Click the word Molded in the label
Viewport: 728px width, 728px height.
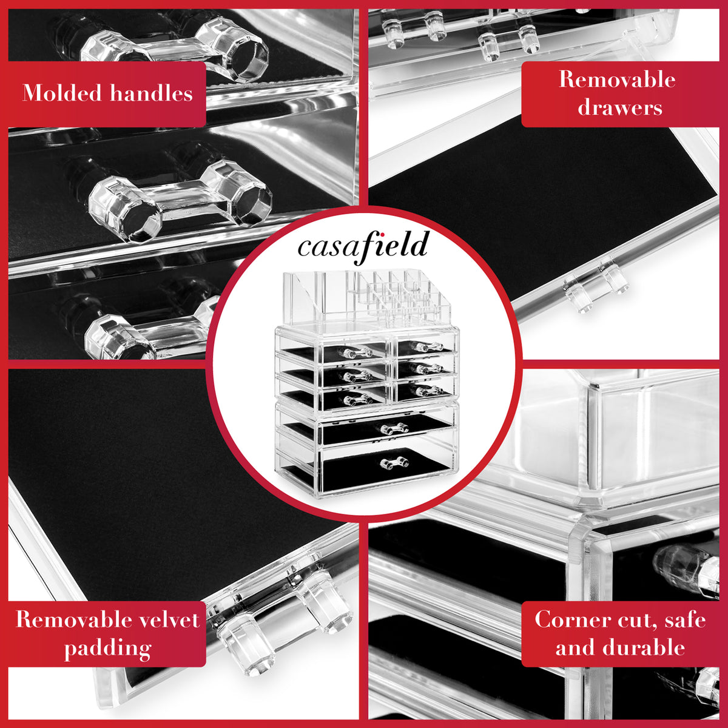coord(62,93)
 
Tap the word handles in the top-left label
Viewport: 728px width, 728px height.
coord(151,93)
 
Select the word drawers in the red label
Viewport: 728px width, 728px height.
coord(620,107)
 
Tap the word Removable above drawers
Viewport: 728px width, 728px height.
coord(617,79)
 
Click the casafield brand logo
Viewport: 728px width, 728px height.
coord(363,246)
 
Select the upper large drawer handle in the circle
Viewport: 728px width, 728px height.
coord(394,428)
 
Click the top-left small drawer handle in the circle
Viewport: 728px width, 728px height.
coord(356,352)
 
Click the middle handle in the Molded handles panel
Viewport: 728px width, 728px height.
coord(181,201)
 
